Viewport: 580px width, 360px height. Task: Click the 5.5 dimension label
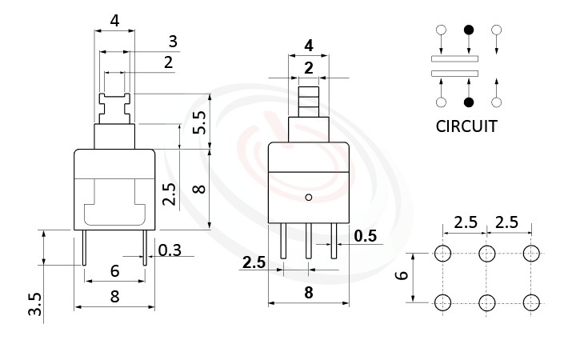click(200, 121)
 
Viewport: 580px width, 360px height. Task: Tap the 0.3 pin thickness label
click(170, 250)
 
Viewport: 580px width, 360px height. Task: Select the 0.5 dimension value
click(366, 235)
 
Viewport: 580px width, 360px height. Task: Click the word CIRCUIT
click(466, 126)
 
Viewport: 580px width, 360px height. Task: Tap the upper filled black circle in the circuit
click(469, 30)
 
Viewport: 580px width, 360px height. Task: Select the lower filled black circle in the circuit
click(469, 102)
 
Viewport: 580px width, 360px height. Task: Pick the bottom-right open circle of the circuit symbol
click(497, 102)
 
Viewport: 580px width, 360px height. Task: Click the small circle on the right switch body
click(309, 196)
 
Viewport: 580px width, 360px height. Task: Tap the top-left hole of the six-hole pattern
click(442, 254)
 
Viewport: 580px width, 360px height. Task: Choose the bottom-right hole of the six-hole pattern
click(530, 302)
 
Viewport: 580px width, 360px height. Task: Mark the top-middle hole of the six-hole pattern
click(486, 254)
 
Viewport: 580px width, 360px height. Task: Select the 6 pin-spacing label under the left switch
click(114, 270)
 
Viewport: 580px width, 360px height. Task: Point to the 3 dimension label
click(172, 42)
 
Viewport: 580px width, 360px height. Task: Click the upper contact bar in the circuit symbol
click(454, 58)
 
